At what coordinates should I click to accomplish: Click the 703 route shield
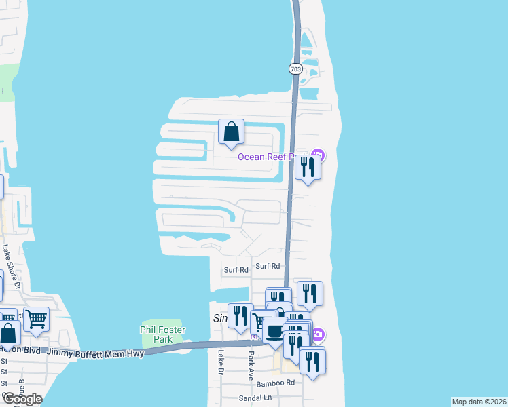click(x=295, y=69)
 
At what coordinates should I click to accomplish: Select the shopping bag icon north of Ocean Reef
click(x=231, y=132)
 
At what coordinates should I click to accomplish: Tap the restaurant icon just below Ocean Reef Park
click(x=308, y=167)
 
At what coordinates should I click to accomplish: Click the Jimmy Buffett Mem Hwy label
click(x=102, y=351)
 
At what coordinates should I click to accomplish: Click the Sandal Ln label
click(x=255, y=398)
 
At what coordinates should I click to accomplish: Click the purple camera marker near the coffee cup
click(x=318, y=334)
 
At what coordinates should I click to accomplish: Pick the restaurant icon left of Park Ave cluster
click(x=240, y=315)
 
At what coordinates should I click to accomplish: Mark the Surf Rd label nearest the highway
click(x=268, y=266)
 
